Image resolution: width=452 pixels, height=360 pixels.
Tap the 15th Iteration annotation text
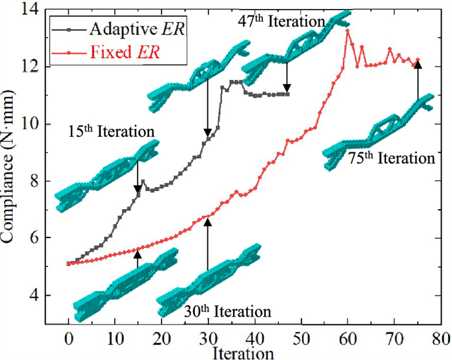pyautogui.click(x=112, y=132)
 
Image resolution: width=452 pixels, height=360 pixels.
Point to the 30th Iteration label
pyautogui.click(x=227, y=312)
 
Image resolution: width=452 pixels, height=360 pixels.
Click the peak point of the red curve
pyautogui.click(x=347, y=30)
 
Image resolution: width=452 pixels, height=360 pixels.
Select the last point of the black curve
pyautogui.click(x=287, y=94)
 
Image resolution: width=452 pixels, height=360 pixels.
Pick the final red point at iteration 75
pyautogui.click(x=418, y=59)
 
